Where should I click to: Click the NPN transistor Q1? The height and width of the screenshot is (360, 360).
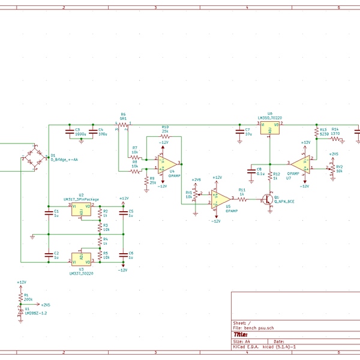[266, 199]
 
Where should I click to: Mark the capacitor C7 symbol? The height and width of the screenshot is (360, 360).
[240, 131]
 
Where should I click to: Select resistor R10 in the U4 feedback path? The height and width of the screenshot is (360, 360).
[165, 137]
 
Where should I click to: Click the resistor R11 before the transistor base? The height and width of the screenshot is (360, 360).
[242, 197]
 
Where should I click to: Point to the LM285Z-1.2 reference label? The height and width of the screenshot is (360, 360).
[35, 313]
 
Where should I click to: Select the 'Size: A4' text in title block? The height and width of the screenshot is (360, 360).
[241, 341]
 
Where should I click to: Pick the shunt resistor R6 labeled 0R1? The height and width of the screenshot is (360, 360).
[123, 125]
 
